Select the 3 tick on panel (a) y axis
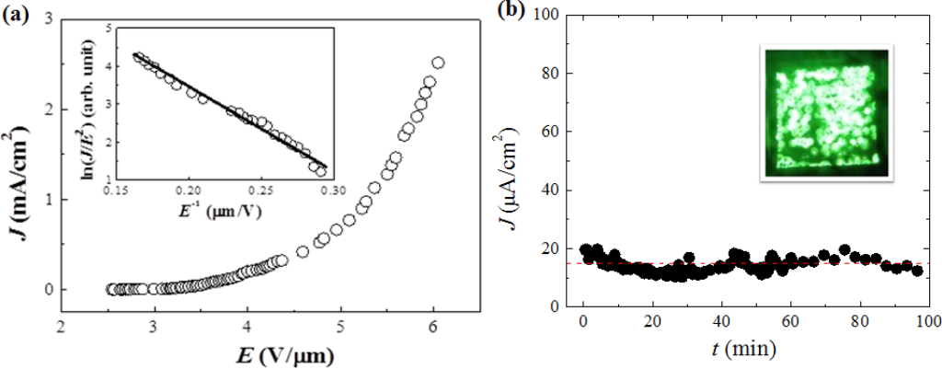[x=46, y=19]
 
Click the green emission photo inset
[x=825, y=110]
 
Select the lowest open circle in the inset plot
[x=321, y=171]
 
